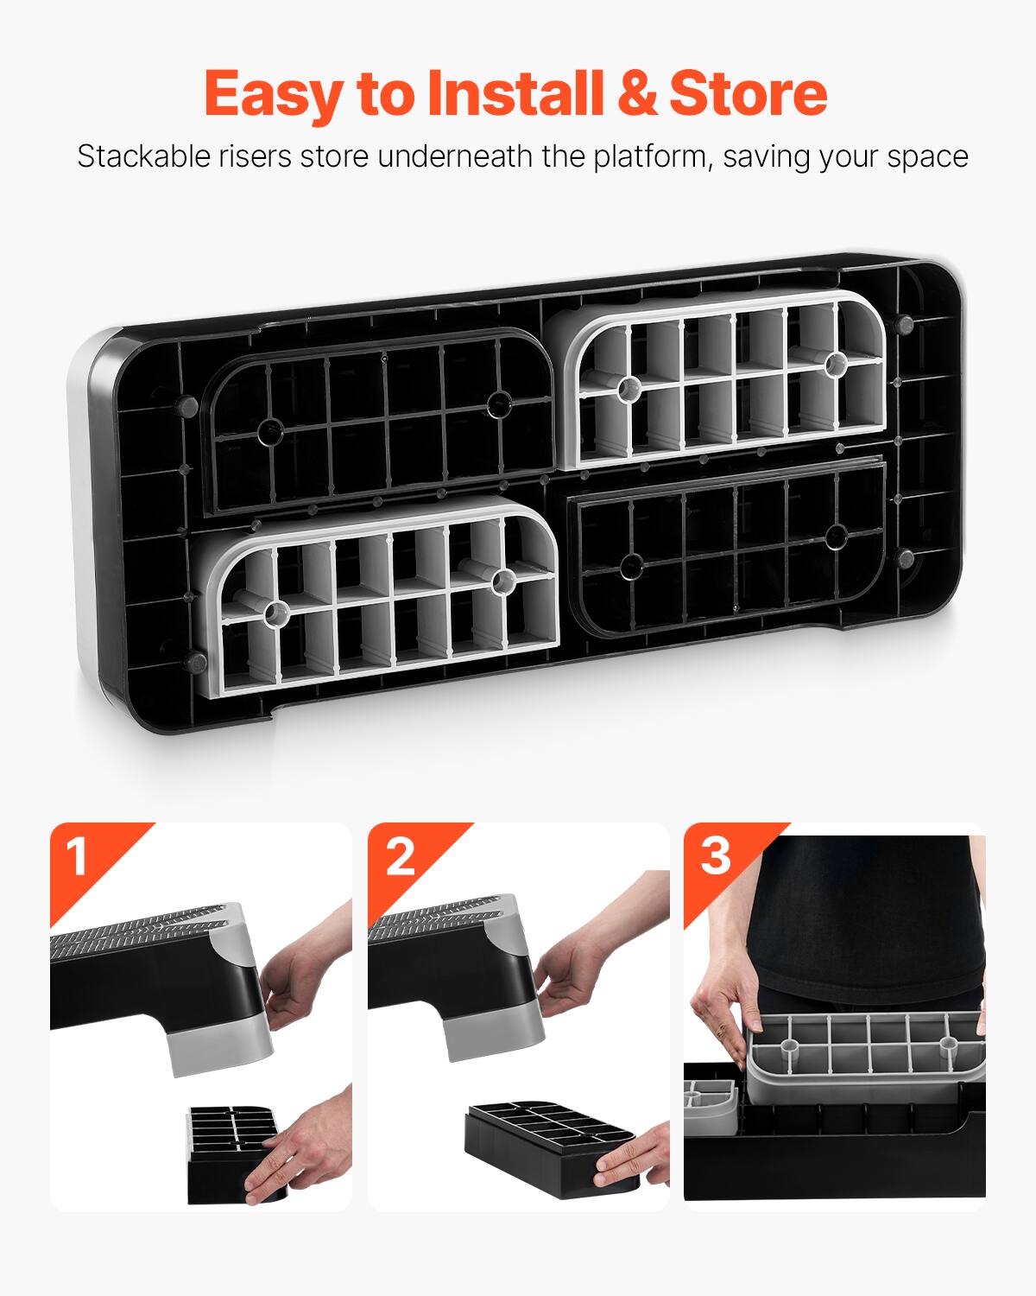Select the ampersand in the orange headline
tap(636, 93)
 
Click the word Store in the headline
tap(748, 93)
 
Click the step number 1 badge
tap(78, 856)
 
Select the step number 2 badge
tap(398, 856)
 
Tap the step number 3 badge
tap(715, 856)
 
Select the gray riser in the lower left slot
tap(380, 596)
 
